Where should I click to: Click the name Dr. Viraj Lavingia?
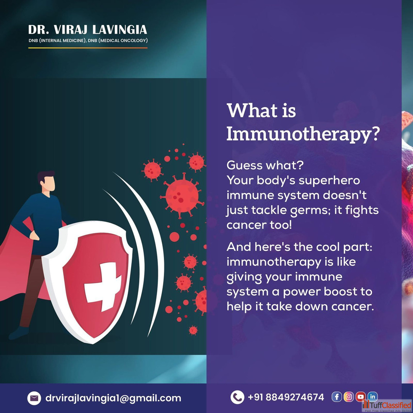[x=88, y=30]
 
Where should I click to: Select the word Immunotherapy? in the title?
[x=303, y=135]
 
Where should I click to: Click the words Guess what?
[x=265, y=165]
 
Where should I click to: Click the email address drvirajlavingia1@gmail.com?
[x=113, y=398]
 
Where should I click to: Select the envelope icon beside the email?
[x=34, y=398]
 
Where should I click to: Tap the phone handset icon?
[x=237, y=397]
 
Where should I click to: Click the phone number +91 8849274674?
[x=286, y=397]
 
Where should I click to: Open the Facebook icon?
[x=336, y=397]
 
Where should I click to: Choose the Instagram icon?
[x=348, y=397]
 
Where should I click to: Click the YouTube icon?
[x=361, y=397]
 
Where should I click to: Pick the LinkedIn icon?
[x=373, y=396]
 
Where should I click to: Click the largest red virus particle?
[x=182, y=195]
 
